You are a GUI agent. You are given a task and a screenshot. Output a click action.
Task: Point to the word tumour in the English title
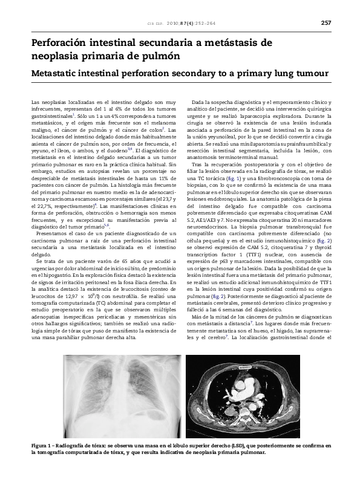pos(309,74)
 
